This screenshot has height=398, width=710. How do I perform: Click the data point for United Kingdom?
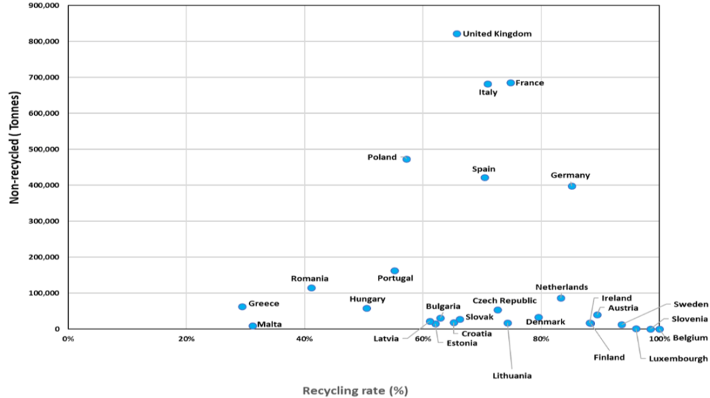(x=457, y=34)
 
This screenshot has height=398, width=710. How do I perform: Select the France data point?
(x=511, y=83)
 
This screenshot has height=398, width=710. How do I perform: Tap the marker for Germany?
(x=572, y=186)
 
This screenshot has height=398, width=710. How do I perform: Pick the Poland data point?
(x=407, y=159)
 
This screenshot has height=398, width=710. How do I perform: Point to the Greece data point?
(x=242, y=306)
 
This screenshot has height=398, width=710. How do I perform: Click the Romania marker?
(x=311, y=288)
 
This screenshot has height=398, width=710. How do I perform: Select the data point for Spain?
(x=485, y=178)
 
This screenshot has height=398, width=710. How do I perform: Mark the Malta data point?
(x=252, y=325)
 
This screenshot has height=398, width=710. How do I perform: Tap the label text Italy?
(x=488, y=93)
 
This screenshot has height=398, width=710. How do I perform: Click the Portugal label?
(x=395, y=278)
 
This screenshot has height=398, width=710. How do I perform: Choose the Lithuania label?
(x=512, y=376)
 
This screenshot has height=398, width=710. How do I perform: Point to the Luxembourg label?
(x=678, y=358)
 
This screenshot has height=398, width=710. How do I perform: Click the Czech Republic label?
(x=504, y=301)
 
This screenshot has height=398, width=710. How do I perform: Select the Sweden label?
(x=691, y=304)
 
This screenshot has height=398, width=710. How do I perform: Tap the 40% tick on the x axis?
(x=304, y=339)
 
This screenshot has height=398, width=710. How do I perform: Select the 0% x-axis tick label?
(x=67, y=339)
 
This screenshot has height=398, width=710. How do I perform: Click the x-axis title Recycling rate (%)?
(x=355, y=390)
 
